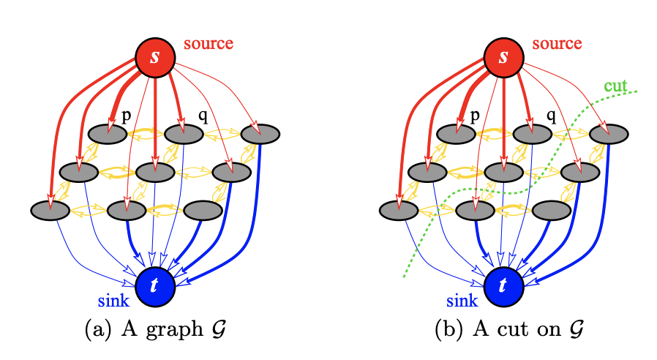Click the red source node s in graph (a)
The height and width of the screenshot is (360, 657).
tap(154, 56)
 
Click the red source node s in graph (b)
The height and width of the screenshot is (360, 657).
tap(503, 56)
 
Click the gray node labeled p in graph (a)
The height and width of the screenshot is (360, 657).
tap(108, 134)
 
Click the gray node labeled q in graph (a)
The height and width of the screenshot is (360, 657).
tap(183, 134)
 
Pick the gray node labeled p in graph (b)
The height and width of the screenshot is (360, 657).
tap(457, 134)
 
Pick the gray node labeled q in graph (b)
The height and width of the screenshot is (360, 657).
tap(532, 134)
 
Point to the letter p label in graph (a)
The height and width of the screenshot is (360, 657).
tap(126, 116)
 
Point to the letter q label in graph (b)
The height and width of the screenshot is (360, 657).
tap(551, 116)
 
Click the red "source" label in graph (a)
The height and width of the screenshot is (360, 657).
tap(208, 43)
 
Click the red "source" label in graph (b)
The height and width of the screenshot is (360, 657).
tap(557, 43)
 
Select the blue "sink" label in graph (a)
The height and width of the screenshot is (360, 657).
tap(113, 300)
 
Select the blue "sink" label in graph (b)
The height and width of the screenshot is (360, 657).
tap(462, 300)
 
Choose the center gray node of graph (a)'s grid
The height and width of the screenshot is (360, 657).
tap(154, 173)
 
